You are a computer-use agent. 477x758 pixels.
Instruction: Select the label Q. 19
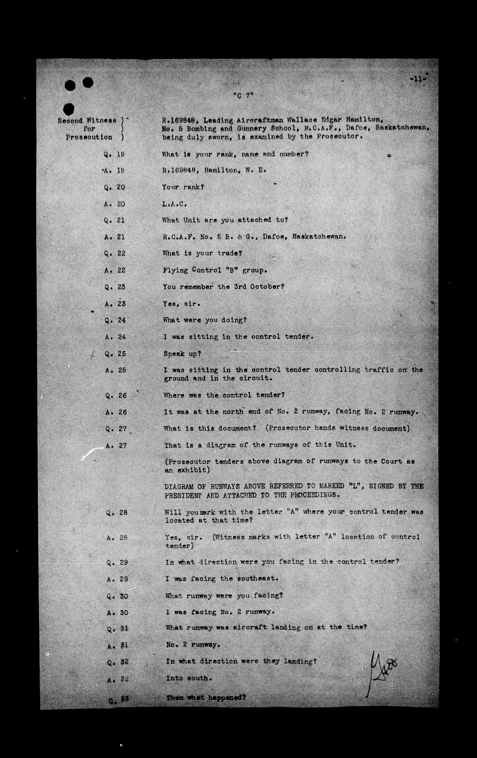click(114, 155)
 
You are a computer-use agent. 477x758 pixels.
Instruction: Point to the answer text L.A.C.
click(175, 204)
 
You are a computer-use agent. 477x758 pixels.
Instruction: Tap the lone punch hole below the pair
click(69, 109)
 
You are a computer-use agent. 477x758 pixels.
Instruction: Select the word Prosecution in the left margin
click(89, 137)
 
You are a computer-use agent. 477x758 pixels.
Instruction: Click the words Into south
click(187, 678)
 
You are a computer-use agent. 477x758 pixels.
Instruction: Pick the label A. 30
click(117, 613)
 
